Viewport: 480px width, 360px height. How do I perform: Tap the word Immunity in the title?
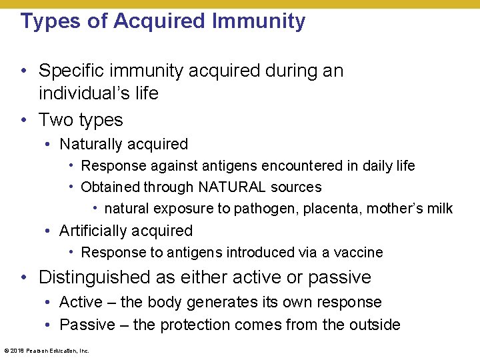[x=259, y=21]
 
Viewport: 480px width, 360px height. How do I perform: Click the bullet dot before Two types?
[x=24, y=120]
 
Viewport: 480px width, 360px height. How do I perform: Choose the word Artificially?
[x=93, y=231]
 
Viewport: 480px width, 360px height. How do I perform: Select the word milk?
[x=439, y=209]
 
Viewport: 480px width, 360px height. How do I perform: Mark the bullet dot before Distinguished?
[x=24, y=277]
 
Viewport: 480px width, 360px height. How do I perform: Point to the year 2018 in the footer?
[x=17, y=350]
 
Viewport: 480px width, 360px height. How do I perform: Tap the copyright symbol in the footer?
[x=6, y=350]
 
